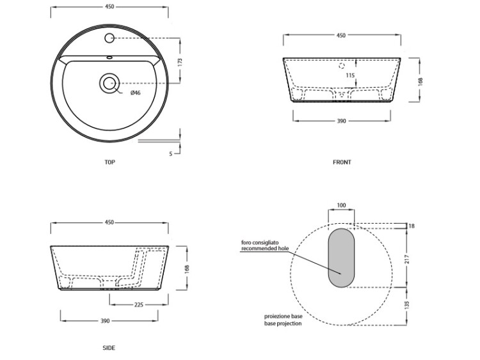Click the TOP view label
point(110,162)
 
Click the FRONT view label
point(342,162)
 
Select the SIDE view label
point(109,348)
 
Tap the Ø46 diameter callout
point(135,93)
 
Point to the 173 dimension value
point(180,63)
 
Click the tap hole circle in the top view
point(109,38)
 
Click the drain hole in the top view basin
point(109,83)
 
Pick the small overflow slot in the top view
point(109,57)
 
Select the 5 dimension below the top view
point(171,154)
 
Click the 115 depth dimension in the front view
point(350,75)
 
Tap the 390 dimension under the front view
point(341,121)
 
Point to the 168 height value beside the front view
point(420,81)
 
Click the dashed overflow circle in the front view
point(342,65)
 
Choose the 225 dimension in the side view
point(139,304)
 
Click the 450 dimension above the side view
point(109,223)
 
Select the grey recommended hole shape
point(341,258)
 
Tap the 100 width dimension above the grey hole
point(341,205)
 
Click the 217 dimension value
point(407,260)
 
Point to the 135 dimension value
point(407,305)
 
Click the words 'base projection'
point(283,324)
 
